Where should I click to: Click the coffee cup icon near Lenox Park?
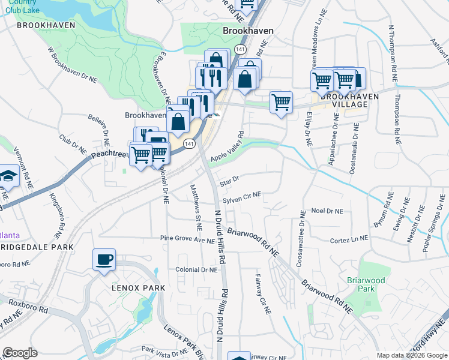pos(104,260)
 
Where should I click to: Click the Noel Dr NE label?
pos(327,211)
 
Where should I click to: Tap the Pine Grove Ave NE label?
pos(187,239)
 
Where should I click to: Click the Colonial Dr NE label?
pos(196,270)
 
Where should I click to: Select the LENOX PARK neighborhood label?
pos(137,288)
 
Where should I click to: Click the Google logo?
pos(20,353)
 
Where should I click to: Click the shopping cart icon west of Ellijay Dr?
pos(280,103)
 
